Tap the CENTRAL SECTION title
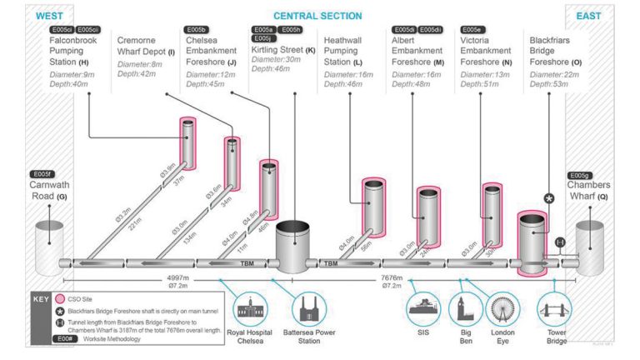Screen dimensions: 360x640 click(x=317, y=15)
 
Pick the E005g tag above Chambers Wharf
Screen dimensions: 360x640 click(x=580, y=175)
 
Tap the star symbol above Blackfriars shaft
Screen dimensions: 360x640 click(x=549, y=198)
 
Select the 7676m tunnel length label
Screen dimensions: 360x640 click(x=392, y=277)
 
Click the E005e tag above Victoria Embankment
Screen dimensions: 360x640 click(x=472, y=30)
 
